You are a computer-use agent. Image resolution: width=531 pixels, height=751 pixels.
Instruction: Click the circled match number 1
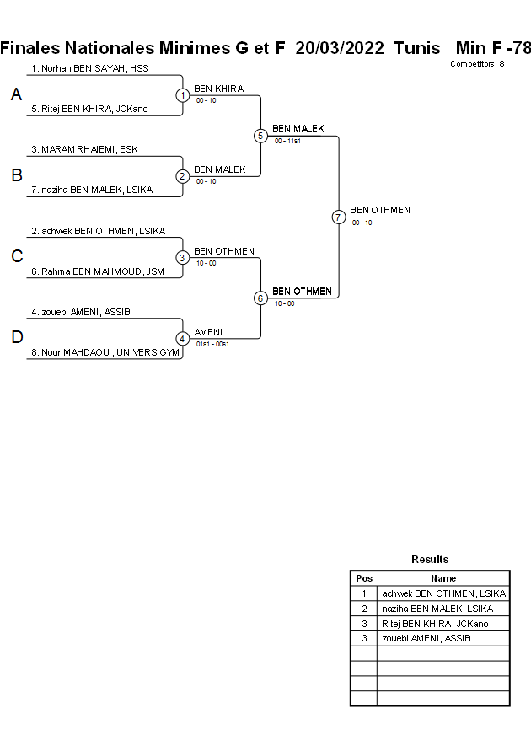pyautogui.click(x=182, y=95)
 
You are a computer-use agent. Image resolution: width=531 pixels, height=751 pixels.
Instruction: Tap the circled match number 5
pyautogui.click(x=260, y=136)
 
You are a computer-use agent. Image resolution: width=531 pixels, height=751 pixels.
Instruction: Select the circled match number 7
pyautogui.click(x=338, y=217)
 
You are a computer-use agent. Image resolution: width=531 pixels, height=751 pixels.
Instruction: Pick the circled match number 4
pyautogui.click(x=182, y=339)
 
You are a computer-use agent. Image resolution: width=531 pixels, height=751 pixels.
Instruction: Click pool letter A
pyautogui.click(x=16, y=95)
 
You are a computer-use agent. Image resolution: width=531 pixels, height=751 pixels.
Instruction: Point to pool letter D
pyautogui.click(x=16, y=338)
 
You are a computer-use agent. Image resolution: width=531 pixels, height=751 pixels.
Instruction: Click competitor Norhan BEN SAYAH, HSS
pyautogui.click(x=90, y=67)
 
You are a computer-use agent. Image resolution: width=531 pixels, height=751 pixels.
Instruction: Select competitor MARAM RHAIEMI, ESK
pyautogui.click(x=84, y=149)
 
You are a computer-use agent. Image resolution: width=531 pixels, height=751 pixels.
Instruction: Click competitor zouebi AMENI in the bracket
pyautogui.click(x=81, y=312)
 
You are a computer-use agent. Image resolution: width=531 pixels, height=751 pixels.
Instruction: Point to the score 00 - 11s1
pyautogui.click(x=287, y=142)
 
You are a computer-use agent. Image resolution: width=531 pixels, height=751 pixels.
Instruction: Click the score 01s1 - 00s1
pyautogui.click(x=212, y=344)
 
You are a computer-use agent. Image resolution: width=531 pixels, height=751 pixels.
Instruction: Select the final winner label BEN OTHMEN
pyautogui.click(x=380, y=210)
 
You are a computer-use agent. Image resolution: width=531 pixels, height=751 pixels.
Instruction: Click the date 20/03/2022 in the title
pyautogui.click(x=341, y=48)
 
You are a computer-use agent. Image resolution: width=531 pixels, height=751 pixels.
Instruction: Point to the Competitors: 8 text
pyautogui.click(x=477, y=64)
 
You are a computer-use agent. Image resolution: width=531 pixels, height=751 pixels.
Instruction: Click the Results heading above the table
pyautogui.click(x=430, y=559)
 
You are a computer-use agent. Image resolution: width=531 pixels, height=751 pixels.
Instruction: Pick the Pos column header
pyautogui.click(x=364, y=578)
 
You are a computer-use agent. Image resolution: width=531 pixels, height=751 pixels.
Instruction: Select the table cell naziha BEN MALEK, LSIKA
pyautogui.click(x=443, y=609)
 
